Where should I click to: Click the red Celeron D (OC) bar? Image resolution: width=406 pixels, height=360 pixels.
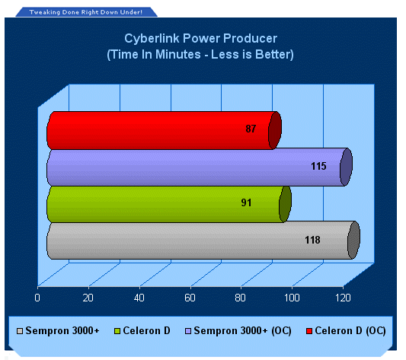pyautogui.click(x=164, y=130)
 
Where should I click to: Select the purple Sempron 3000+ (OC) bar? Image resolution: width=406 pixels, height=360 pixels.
pyautogui.click(x=200, y=167)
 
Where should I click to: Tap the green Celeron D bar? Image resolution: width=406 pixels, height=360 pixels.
pyautogui.click(x=169, y=204)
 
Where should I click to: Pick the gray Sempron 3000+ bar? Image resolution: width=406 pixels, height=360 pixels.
pyautogui.click(x=203, y=240)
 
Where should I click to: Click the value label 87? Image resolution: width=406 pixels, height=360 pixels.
pyautogui.click(x=251, y=129)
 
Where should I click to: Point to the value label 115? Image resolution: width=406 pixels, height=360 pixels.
pyautogui.click(x=318, y=166)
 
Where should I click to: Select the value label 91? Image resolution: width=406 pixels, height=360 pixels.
pyautogui.click(x=246, y=202)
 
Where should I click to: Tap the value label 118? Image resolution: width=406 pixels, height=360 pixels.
pyautogui.click(x=312, y=240)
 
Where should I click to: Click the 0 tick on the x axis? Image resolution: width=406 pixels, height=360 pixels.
pyautogui.click(x=37, y=298)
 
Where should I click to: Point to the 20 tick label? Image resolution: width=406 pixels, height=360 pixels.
pyautogui.click(x=88, y=298)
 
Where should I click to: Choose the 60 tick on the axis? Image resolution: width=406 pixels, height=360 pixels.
pyautogui.click(x=190, y=298)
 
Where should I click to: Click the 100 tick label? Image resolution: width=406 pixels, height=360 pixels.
pyautogui.click(x=292, y=298)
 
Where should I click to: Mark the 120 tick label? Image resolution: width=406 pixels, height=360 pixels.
pyautogui.click(x=343, y=298)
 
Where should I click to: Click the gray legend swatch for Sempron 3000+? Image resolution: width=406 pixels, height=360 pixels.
pyautogui.click(x=20, y=331)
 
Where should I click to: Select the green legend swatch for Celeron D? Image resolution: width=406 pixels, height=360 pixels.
pyautogui.click(x=117, y=331)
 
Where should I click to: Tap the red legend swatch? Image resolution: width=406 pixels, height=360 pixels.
pyautogui.click(x=309, y=331)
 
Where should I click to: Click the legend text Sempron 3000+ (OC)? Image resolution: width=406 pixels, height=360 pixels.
pyautogui.click(x=243, y=331)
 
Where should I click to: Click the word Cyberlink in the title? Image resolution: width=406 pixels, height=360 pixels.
pyautogui.click(x=152, y=38)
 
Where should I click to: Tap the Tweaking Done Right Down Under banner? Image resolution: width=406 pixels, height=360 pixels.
pyautogui.click(x=86, y=12)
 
